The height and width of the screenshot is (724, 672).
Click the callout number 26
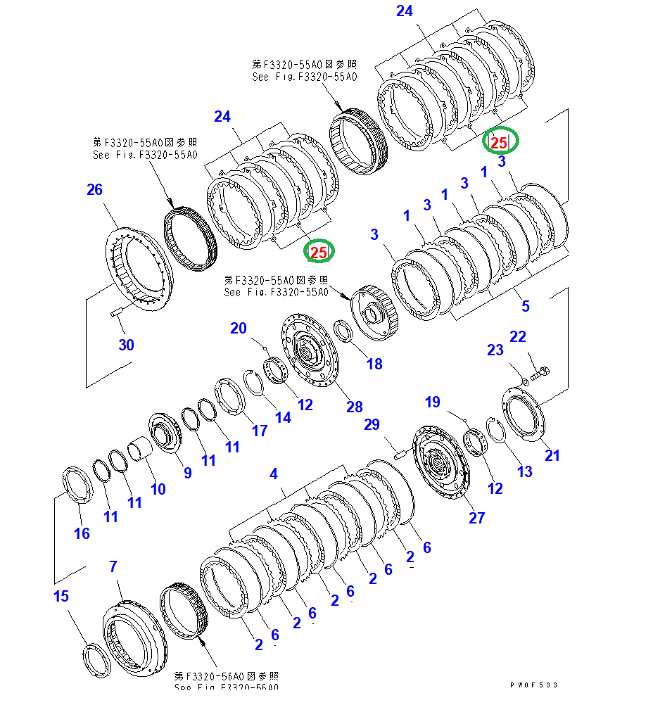pos(94,189)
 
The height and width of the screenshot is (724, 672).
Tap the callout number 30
pos(127,345)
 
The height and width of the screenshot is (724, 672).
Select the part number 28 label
pos(354,407)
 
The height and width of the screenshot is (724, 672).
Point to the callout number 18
pos(374,364)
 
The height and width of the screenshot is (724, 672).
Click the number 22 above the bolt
pos(518,337)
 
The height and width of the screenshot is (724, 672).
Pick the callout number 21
pos(552,455)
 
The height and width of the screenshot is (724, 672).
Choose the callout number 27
pos(477,518)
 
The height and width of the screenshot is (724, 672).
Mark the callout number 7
pos(113,566)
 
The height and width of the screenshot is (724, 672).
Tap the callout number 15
pos(61,596)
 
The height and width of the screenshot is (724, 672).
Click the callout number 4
pos(274,474)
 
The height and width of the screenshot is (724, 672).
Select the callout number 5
pos(525,306)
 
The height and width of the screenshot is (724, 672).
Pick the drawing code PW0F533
pos(534,685)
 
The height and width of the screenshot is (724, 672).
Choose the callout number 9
pos(187,473)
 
